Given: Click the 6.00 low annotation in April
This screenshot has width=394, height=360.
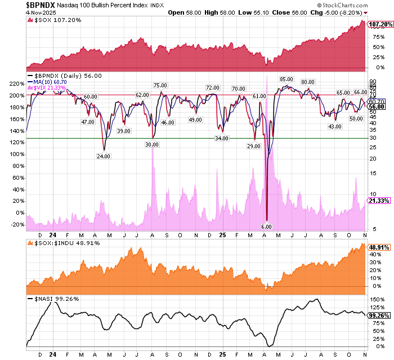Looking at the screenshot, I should coord(267,226).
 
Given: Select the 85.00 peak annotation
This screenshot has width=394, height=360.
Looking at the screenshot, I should coord(286,79).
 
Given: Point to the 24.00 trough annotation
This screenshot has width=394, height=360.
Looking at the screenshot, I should coord(102,156).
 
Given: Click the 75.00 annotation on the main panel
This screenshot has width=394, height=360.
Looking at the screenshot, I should coord(160,85).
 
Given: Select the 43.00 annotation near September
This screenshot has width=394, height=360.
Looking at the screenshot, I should coord(335,126).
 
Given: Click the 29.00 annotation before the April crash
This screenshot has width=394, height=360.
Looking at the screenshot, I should coord(254,146).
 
